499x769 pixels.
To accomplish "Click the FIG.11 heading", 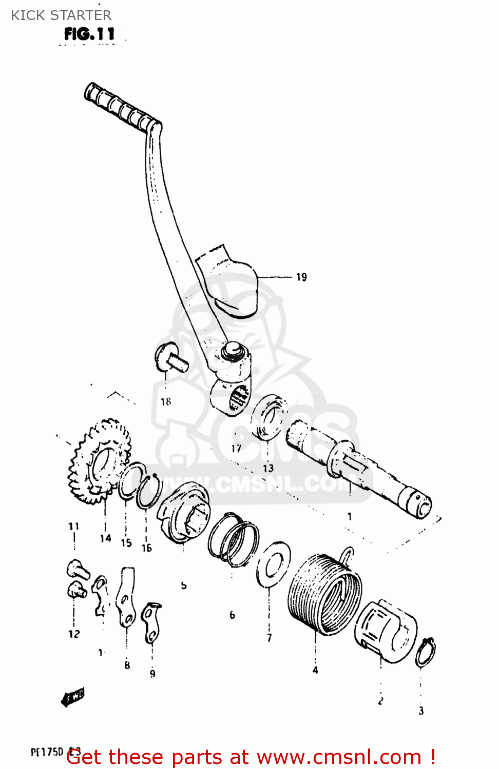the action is pyautogui.click(x=89, y=34).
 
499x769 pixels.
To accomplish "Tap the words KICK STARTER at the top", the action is pyautogui.click(x=61, y=15).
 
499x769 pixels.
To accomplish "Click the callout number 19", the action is pyautogui.click(x=301, y=277).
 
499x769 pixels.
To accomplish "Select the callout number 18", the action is pyautogui.click(x=165, y=402).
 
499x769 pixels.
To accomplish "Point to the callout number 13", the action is pyautogui.click(x=268, y=468).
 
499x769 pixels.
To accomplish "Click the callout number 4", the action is pyautogui.click(x=315, y=670).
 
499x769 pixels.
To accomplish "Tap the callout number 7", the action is pyautogui.click(x=269, y=638).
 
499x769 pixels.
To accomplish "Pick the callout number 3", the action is pyautogui.click(x=421, y=711).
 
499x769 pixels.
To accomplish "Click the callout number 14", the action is pyautogui.click(x=105, y=538).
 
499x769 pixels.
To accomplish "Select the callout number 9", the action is pyautogui.click(x=152, y=674).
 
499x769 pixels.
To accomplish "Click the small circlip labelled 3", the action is pyautogui.click(x=426, y=653).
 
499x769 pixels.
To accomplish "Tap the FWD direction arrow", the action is pyautogui.click(x=72, y=697).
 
